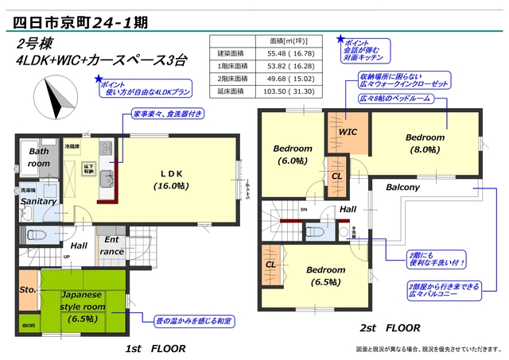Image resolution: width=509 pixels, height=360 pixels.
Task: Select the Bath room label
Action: [39, 157]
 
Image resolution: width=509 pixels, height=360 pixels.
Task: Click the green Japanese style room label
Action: [82, 306]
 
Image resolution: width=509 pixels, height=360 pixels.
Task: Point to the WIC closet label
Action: [348, 132]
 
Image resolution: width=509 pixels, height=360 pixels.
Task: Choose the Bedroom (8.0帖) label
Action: [425, 142]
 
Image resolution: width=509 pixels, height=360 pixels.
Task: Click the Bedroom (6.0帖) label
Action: [292, 154]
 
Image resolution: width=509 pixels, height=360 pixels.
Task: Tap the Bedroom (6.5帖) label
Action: [326, 275]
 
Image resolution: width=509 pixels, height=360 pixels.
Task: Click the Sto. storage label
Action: [28, 291]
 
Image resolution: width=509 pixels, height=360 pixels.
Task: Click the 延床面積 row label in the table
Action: [231, 92]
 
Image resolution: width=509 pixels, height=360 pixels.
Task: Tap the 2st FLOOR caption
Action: [390, 327]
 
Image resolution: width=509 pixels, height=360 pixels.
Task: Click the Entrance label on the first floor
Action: [111, 245]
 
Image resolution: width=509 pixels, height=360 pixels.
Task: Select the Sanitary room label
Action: [38, 201]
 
